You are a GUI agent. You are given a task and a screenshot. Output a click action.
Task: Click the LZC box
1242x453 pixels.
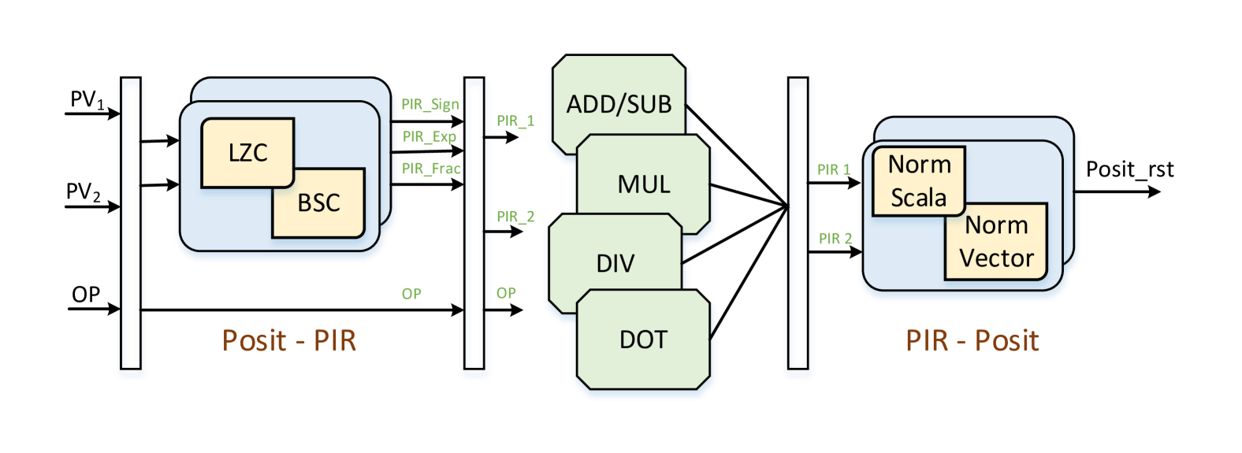(x=247, y=152)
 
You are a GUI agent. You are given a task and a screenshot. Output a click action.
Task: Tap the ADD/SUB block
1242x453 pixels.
(x=619, y=103)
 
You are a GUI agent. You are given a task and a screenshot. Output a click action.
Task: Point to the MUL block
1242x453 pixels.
(x=644, y=184)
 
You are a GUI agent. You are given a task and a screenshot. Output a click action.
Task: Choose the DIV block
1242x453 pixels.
(x=615, y=263)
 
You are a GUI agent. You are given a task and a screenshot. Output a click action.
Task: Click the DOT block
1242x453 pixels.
(x=643, y=340)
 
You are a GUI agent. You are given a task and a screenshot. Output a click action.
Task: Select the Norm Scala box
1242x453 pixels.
(x=918, y=181)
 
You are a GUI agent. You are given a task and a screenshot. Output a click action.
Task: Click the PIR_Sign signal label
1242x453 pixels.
(x=429, y=104)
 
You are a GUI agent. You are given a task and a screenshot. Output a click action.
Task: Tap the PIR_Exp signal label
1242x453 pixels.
(x=429, y=136)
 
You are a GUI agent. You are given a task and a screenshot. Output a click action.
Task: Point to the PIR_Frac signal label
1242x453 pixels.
(x=430, y=169)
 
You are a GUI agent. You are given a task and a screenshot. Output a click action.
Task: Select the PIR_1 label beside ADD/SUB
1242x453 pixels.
(x=515, y=121)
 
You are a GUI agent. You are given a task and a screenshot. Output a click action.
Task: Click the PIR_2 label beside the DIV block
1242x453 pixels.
(x=515, y=216)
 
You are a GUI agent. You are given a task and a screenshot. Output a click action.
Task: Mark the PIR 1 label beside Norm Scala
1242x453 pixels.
(x=834, y=169)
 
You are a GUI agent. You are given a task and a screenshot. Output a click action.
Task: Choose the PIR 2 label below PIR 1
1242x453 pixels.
(x=835, y=238)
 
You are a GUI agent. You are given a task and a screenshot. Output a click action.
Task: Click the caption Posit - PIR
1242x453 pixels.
(x=289, y=340)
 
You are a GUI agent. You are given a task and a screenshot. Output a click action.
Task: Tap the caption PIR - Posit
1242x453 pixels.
(x=972, y=340)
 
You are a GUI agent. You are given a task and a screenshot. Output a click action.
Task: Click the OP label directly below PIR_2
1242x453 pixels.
(x=506, y=293)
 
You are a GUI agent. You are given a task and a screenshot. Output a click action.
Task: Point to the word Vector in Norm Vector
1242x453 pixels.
(x=996, y=258)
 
